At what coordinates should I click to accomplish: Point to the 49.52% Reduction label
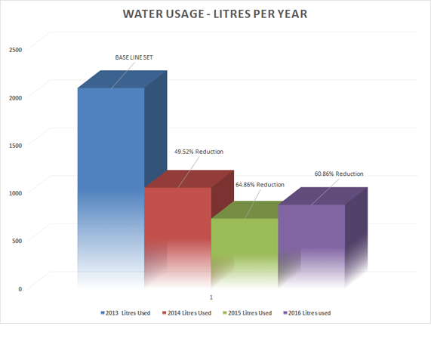199,152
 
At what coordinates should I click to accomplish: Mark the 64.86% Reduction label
260,184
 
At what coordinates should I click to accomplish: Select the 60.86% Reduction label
339,174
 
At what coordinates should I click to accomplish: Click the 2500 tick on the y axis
16,50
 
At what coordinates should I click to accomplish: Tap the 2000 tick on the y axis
16,97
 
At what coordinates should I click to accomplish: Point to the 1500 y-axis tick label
16,145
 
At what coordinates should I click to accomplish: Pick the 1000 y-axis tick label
16,192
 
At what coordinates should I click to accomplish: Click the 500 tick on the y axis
17,241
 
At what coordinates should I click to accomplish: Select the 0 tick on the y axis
20,288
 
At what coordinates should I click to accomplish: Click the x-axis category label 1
211,297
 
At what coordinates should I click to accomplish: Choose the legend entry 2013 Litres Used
126,312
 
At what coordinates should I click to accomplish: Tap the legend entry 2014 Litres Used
189,312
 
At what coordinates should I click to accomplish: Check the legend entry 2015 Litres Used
249,312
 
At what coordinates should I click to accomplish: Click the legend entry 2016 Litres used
309,312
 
